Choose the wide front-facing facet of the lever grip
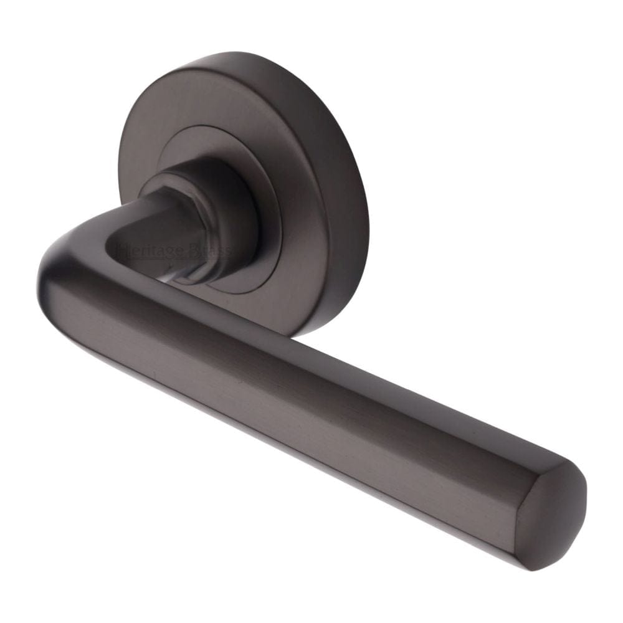click(299, 399)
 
